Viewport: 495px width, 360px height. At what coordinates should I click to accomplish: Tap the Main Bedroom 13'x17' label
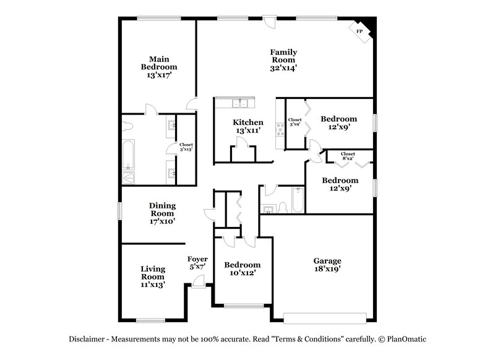click(159, 67)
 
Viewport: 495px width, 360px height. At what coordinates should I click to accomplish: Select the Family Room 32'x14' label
click(283, 60)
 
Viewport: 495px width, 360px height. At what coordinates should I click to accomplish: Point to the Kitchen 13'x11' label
click(247, 126)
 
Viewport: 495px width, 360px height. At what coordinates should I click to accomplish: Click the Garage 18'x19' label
click(326, 265)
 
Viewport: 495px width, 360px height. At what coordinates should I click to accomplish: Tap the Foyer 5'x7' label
click(197, 263)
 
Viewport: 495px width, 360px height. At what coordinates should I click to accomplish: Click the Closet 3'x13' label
click(186, 147)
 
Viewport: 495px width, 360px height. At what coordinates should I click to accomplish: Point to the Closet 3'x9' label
click(295, 122)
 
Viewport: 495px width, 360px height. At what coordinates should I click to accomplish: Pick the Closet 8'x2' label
click(348, 156)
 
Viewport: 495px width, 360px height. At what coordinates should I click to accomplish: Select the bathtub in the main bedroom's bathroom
click(128, 155)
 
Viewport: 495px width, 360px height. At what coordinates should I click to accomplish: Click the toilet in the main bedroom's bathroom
click(126, 126)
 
